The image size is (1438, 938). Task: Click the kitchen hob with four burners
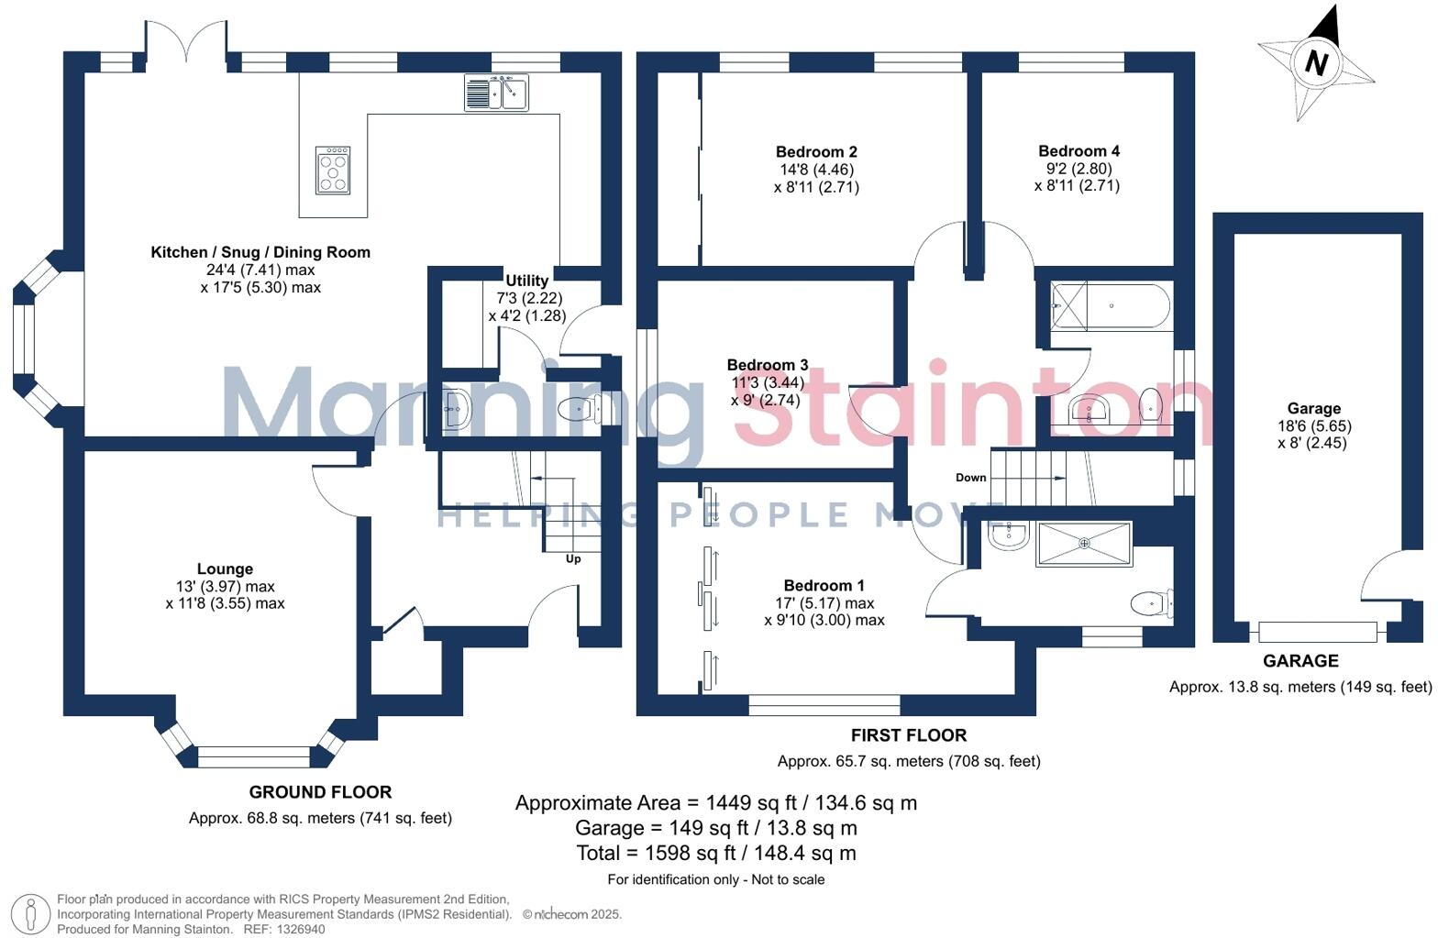click(x=333, y=171)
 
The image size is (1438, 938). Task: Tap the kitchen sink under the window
click(x=496, y=93)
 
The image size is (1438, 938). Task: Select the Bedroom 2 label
click(x=816, y=152)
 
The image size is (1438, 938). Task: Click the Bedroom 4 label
click(x=1078, y=151)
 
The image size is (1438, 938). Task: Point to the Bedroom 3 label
click(x=768, y=365)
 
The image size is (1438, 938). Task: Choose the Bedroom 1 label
click(x=824, y=586)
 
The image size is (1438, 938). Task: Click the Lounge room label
click(x=225, y=569)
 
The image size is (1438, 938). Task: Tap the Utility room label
click(x=526, y=281)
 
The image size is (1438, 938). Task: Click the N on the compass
click(x=1316, y=63)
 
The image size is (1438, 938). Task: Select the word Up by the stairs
click(x=573, y=558)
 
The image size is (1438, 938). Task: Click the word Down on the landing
click(x=970, y=478)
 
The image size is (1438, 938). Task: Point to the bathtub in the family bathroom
click(x=1111, y=305)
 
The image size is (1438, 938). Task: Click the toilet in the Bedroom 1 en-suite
click(x=1151, y=603)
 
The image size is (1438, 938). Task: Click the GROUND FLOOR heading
click(x=320, y=792)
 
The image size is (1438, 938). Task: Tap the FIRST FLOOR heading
click(x=908, y=735)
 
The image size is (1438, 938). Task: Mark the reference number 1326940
click(x=297, y=929)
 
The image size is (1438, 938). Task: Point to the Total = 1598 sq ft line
click(x=715, y=854)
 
